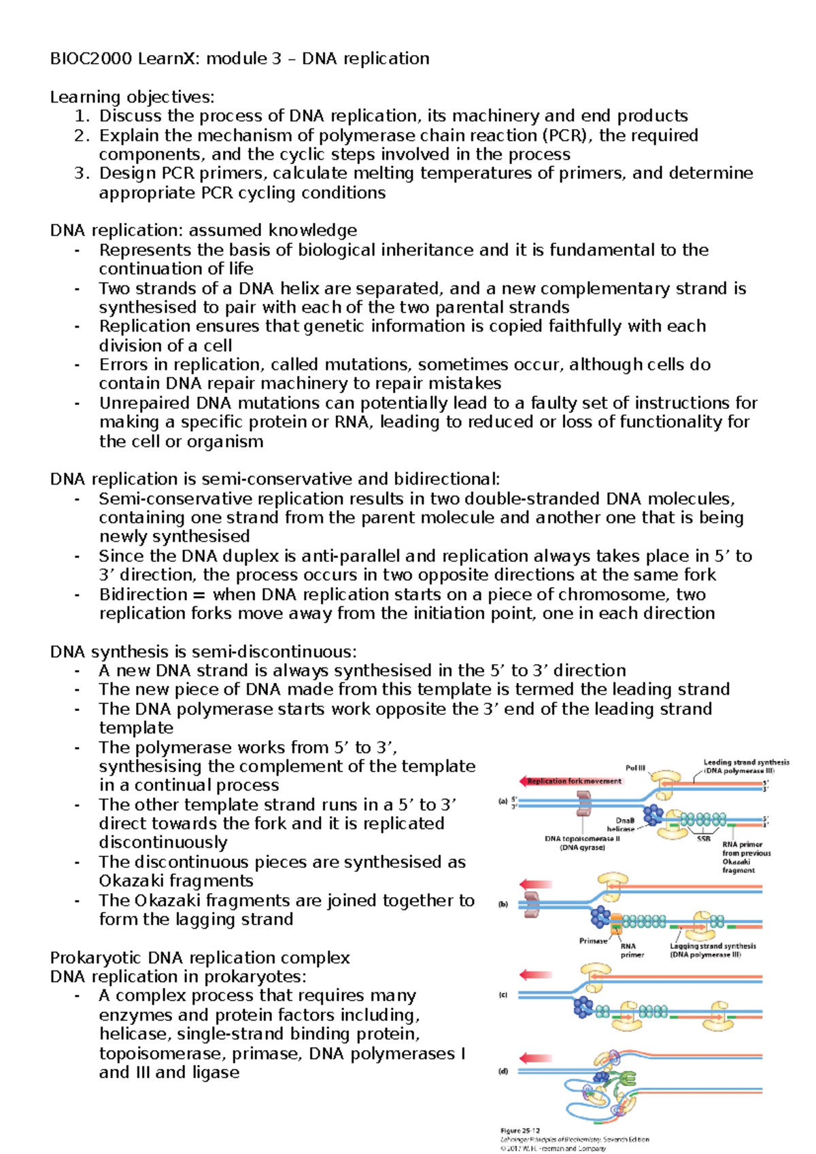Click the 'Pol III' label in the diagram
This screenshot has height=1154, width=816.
click(635, 768)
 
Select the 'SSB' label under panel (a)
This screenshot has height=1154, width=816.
click(703, 839)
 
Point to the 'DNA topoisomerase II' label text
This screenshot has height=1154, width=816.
click(582, 839)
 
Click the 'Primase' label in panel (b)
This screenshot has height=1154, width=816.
click(593, 941)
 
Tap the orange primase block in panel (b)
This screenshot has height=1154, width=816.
click(616, 922)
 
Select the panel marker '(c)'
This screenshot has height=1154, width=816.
click(503, 995)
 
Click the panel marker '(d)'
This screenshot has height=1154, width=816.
click(503, 1072)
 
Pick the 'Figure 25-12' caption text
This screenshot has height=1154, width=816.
click(520, 1131)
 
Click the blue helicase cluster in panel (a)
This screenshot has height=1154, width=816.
click(653, 813)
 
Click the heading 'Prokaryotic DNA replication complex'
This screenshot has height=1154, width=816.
click(200, 958)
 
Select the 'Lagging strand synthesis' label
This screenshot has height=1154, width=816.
click(713, 945)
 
